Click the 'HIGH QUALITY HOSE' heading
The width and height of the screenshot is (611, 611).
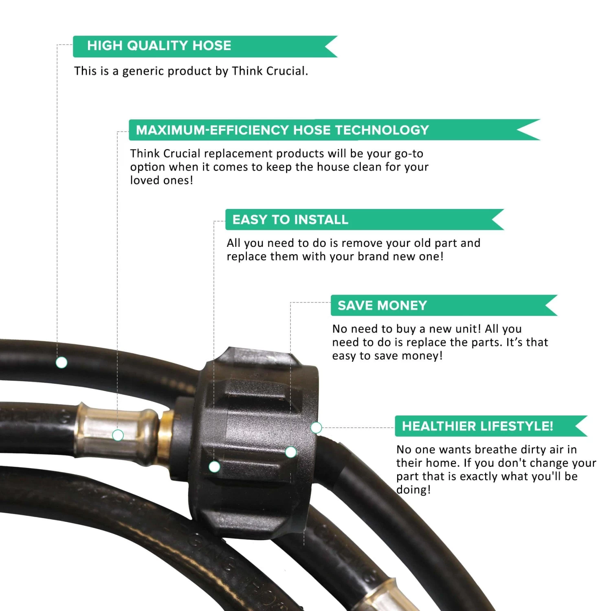(159, 45)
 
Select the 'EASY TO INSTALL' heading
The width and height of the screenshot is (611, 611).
(290, 220)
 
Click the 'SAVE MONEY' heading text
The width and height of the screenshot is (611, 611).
(382, 305)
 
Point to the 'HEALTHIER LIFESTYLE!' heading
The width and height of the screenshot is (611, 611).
(477, 426)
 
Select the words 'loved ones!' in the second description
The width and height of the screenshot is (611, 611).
(162, 180)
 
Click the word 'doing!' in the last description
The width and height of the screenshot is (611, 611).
(413, 490)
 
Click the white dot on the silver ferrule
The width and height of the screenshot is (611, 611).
(118, 435)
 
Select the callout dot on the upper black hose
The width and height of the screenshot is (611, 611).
(62, 362)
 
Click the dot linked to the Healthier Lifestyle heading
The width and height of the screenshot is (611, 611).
(316, 428)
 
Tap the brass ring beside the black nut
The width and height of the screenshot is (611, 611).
(165, 435)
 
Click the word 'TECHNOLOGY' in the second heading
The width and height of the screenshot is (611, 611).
(382, 130)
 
